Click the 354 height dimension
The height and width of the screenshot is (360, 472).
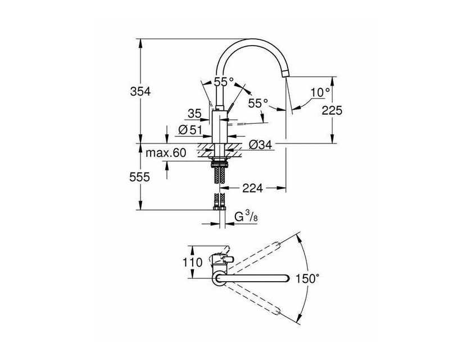[140, 91]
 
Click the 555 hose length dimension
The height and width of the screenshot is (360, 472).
[139, 177]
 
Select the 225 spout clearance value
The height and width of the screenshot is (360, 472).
[332, 111]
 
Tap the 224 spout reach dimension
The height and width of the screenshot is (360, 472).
[252, 188]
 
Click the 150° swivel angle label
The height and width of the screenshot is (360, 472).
[307, 278]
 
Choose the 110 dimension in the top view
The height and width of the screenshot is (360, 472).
[193, 262]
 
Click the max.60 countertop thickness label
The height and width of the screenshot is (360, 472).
[166, 153]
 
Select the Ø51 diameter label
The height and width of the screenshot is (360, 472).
[190, 130]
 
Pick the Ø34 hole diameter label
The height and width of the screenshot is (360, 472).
[260, 145]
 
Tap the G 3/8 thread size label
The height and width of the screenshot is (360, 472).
[246, 217]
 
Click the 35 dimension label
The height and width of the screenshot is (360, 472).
[194, 114]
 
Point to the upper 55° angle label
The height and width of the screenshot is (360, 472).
[224, 82]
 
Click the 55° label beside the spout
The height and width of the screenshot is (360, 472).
[258, 103]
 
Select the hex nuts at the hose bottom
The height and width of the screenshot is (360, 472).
[220, 208]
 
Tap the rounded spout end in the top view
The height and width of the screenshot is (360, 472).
[286, 278]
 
